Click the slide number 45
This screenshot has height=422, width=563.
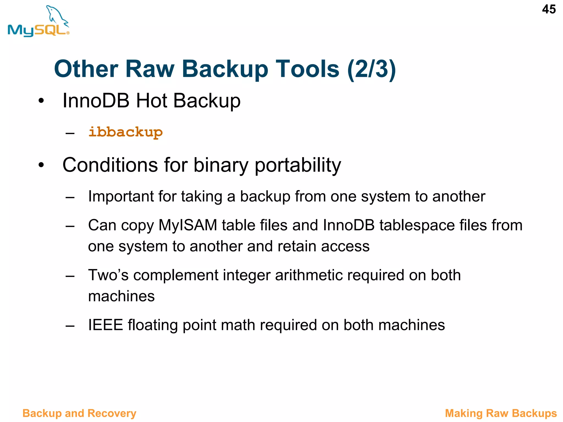point(549,9)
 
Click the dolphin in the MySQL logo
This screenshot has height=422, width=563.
point(56,15)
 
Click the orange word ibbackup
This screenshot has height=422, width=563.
point(125,132)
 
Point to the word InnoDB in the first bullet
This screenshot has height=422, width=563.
point(96,101)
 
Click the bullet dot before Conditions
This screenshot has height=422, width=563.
point(41,165)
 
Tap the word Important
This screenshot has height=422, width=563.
point(121,196)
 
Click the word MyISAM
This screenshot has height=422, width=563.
point(188,225)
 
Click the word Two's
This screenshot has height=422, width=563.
point(108,275)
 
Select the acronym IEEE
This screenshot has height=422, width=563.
point(105,325)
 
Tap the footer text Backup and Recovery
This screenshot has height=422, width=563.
point(79,413)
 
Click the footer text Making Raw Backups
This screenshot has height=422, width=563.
point(501,413)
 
